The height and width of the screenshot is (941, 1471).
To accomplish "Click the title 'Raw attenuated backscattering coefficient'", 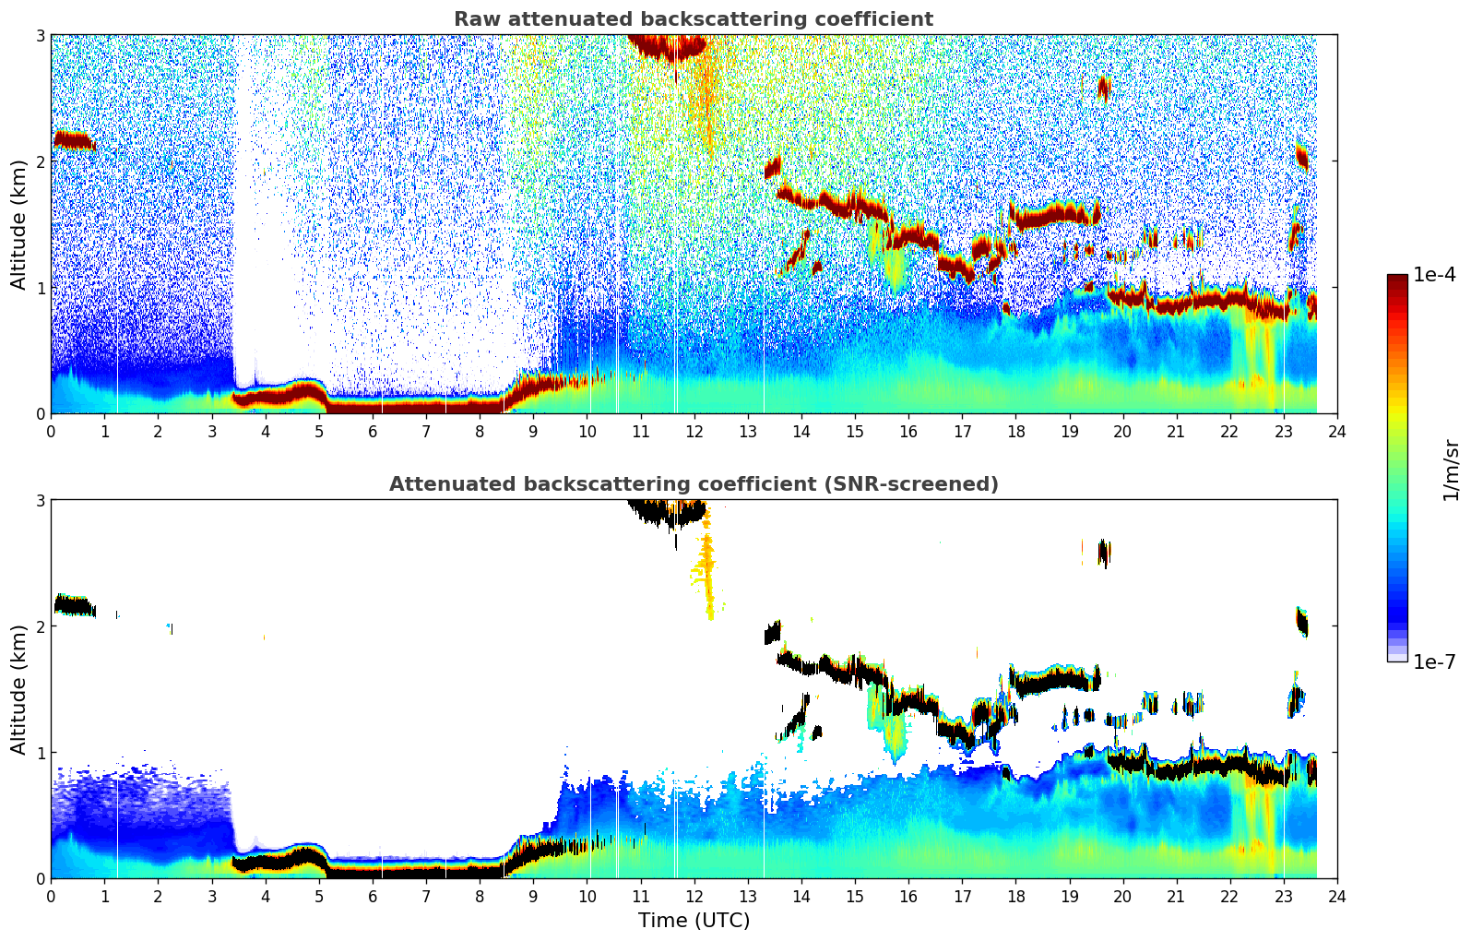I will coord(693,19).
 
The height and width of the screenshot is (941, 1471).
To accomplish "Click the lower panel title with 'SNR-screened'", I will coord(693,484).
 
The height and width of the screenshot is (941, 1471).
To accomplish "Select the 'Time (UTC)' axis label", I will coord(694,920).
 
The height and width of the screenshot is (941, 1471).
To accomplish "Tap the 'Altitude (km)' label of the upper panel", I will coord(18,224).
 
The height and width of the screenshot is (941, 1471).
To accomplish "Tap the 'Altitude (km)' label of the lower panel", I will coord(18,689).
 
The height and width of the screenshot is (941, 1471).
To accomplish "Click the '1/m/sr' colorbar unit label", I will coord(1451,470).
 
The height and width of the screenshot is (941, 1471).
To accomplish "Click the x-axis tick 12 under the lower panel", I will coord(694,897).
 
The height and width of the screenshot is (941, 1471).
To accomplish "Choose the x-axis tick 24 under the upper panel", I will coord(1336,432).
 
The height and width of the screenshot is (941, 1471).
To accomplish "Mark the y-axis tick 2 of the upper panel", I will coord(40,161).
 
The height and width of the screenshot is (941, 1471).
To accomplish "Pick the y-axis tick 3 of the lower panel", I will coord(40,500).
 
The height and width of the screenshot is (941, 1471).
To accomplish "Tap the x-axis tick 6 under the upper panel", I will coord(373,432).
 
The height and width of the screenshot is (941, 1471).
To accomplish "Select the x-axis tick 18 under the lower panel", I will coord(1015,897).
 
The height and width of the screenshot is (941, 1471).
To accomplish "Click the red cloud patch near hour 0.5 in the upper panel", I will coord(74,141).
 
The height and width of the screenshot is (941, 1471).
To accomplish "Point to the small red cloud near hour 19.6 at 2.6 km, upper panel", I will coord(1104,89).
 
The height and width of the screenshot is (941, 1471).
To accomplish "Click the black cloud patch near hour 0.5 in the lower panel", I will coord(74,606).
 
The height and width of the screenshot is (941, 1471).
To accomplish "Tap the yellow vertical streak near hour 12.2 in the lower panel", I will coord(707,563).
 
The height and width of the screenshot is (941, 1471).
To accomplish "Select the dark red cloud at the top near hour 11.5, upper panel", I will coord(669,46).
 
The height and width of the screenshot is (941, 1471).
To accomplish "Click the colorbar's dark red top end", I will coord(1396,280).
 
